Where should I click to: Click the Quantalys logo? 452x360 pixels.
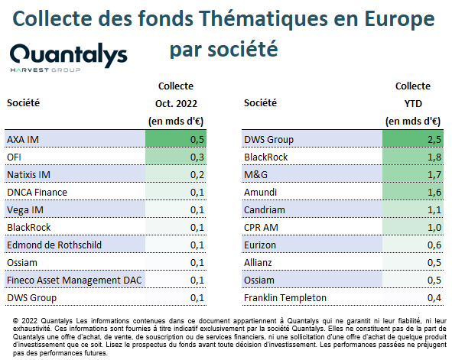coord(69,57)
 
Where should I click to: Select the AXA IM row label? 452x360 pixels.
coord(23,140)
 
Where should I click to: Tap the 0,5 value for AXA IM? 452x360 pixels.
coord(197,140)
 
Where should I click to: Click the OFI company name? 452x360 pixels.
coord(14,157)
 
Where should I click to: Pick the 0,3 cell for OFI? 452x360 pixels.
coord(197,157)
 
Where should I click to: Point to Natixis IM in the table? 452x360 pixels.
coord(28,175)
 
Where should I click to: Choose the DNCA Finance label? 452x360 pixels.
coord(37,193)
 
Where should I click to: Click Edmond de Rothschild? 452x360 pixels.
coord(54,245)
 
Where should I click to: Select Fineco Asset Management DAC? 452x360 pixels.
coord(74,281)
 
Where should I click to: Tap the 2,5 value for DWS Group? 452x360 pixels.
coord(434,140)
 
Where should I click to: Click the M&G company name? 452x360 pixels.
coord(255,175)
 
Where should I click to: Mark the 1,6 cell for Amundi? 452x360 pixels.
coord(434,193)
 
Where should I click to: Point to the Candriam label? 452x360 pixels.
coord(265,210)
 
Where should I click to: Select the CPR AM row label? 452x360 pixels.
coord(261,228)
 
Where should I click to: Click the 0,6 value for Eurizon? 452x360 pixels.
coord(434,245)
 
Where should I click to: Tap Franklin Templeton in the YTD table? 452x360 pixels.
coord(285,298)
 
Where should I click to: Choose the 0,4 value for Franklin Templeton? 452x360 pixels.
coord(434,298)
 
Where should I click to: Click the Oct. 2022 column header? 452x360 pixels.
coord(176,104)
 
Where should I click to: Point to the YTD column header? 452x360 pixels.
coord(413,104)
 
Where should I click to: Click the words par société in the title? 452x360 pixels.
coord(223,50)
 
